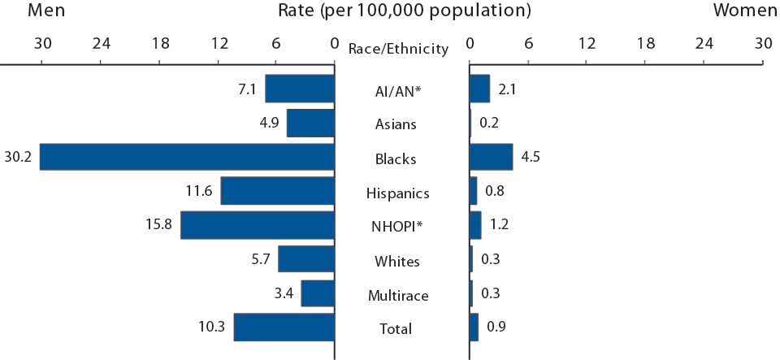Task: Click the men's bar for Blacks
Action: point(187,157)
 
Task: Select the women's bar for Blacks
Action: point(491,157)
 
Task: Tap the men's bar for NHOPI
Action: point(258,225)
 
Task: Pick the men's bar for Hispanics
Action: point(278,191)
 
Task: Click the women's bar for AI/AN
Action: point(479,89)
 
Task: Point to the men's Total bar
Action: point(284,327)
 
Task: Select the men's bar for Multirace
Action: point(318,293)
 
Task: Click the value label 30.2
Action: point(17,157)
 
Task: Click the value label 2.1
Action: point(506,89)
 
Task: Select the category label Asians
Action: point(397,124)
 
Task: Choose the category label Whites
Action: point(397,261)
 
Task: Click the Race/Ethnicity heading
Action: point(398,49)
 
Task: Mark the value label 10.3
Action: point(212,327)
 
